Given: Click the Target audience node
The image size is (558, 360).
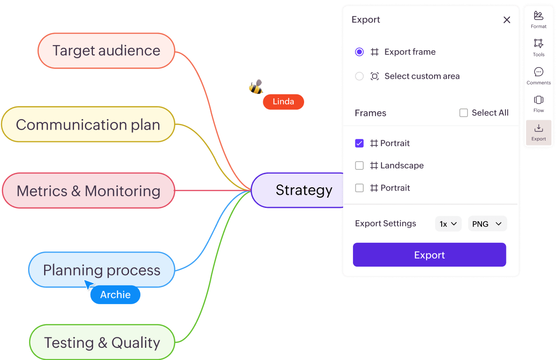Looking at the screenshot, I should pos(106,51).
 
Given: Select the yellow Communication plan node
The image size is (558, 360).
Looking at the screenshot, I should pos(88,125).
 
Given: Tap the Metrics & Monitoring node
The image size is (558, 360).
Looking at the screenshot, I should pos(88,191).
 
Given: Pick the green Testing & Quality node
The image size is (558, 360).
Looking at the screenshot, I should pos(102,343).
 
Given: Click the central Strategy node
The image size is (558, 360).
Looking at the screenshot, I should pos(300,190).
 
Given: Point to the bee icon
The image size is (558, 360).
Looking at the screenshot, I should pos(256,87).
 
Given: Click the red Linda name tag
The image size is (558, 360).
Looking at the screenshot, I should pos(283,102).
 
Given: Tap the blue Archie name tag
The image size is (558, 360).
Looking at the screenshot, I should pos(115,295).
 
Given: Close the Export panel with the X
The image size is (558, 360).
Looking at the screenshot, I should pos(507,20).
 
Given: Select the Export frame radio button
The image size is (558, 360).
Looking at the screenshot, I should pos(359,52).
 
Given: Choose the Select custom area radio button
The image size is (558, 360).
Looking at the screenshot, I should pos(359,76).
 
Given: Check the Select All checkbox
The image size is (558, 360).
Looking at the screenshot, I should pos(464,113).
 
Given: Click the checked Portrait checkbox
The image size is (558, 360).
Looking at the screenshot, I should pos(359,143).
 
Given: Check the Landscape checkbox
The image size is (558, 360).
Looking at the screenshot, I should pos(359,166).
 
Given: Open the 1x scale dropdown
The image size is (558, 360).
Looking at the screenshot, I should pos(448,224).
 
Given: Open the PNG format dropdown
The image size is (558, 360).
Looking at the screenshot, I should pos(487,224).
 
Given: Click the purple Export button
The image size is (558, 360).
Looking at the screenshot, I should pos(429,255).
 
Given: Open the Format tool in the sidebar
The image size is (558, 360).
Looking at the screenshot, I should pos(539,19).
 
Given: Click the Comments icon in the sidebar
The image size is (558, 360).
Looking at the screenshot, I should pos(539,75).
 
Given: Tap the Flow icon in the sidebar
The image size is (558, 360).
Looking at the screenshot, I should pos(539,103).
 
